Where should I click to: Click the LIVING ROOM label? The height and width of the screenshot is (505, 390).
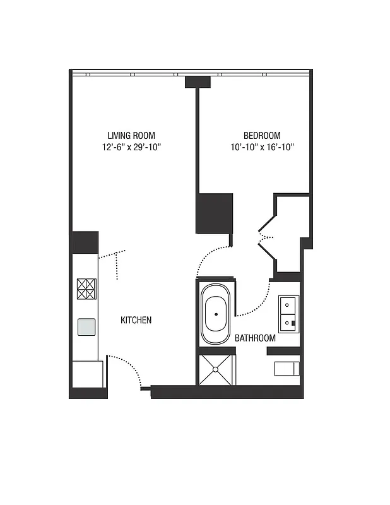(x=131, y=135)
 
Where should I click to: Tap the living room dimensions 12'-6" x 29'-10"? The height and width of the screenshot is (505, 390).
(x=131, y=147)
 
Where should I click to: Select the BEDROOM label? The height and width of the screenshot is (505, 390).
(x=262, y=135)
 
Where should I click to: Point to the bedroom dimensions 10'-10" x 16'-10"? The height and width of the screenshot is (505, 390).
(x=262, y=147)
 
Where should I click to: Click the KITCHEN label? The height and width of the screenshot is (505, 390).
(x=136, y=320)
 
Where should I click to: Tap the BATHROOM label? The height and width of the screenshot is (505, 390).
(x=255, y=338)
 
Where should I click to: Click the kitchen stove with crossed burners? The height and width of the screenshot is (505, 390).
(x=86, y=288)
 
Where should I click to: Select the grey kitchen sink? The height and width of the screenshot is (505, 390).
(x=86, y=326)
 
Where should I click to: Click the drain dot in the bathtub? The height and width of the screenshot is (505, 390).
(x=216, y=314)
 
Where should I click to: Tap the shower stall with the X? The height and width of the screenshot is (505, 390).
(x=216, y=369)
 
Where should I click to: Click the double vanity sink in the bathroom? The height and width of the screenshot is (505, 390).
(x=289, y=313)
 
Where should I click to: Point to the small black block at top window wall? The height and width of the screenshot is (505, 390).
(x=198, y=82)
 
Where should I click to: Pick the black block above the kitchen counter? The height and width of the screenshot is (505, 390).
(x=85, y=242)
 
